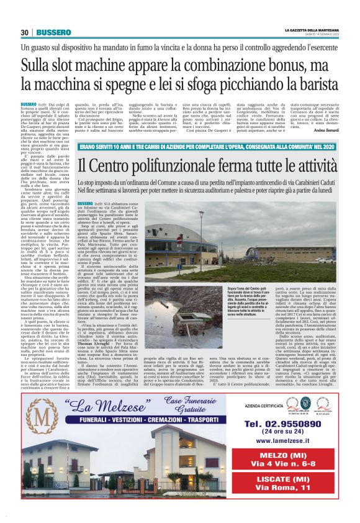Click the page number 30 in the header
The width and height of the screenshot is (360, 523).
point(25,32)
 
